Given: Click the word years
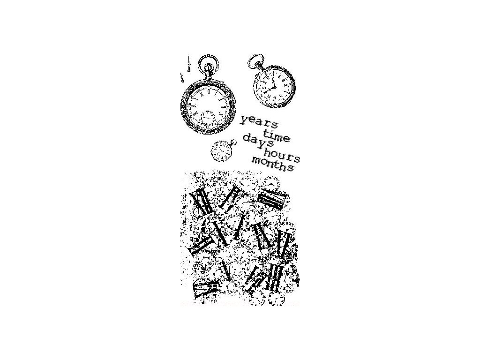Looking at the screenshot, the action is click(x=259, y=122).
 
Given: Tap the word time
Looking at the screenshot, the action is click(x=273, y=136).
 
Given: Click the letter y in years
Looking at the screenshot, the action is click(x=243, y=120).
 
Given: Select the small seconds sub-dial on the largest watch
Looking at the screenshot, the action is click(x=206, y=118).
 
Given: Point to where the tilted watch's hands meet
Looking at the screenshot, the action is click(x=272, y=86).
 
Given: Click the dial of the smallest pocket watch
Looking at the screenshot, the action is click(x=219, y=151).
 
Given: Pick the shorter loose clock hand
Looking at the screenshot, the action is click(x=181, y=78).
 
